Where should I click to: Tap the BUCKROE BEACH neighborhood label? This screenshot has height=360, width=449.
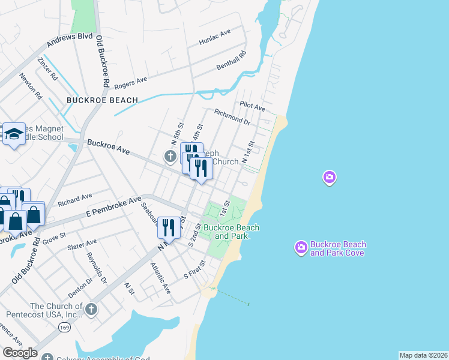103,100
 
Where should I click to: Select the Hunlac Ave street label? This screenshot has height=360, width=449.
215,37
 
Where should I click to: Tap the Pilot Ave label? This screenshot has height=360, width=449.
252,106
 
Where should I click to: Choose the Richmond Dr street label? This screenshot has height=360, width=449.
232,117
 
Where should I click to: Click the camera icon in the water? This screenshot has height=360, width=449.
329,177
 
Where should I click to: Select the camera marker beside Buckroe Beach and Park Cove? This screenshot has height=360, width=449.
301,247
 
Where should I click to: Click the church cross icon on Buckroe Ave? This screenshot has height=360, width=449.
170,157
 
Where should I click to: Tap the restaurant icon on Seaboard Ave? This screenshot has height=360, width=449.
167,227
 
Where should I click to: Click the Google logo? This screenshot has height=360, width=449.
20,353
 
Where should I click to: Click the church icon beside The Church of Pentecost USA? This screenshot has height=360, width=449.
91,310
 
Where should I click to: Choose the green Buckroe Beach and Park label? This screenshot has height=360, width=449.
231,232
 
